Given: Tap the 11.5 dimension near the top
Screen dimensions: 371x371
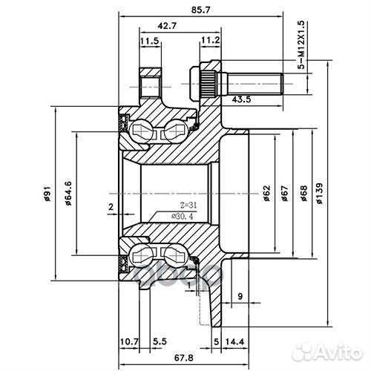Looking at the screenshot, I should pos(149,42).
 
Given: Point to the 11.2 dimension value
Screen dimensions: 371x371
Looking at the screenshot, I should pos(209,42).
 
